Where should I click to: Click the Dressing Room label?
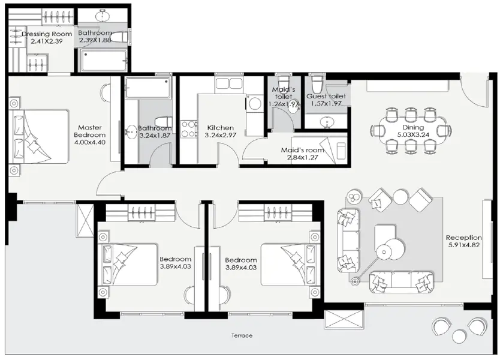47,34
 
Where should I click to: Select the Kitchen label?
220,128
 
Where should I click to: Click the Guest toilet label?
326,96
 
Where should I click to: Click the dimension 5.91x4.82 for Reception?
464,245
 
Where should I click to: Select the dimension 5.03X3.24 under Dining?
413,136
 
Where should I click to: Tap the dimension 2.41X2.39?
47,42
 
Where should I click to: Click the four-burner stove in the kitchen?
189,128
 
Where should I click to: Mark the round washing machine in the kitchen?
254,104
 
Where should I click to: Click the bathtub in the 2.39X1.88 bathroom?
103,61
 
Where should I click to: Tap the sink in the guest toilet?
327,122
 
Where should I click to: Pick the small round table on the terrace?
459,335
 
